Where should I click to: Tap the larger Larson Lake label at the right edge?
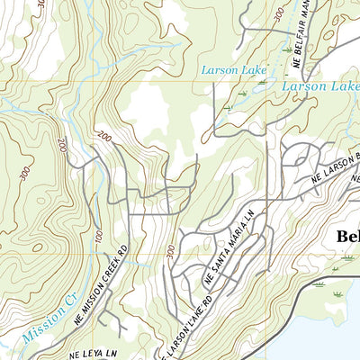[319, 85]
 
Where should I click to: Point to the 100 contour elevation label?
[96, 235]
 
